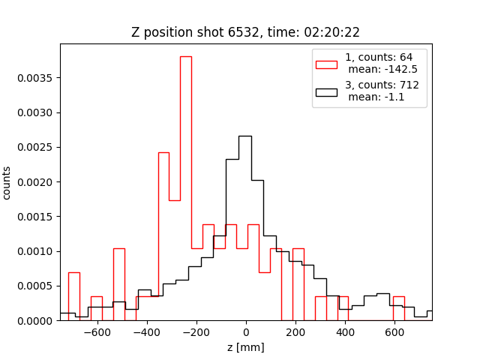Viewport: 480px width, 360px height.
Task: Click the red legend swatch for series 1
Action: [x=326, y=64]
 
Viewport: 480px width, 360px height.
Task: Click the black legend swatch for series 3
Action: [x=326, y=92]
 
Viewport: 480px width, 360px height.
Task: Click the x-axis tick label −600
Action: [x=97, y=332]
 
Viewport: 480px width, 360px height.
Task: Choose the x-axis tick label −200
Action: [x=196, y=332]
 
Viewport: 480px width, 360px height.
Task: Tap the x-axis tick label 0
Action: [x=246, y=332]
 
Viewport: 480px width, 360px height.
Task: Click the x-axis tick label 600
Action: [x=394, y=332]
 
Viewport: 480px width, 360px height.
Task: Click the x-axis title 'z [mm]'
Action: [x=245, y=347]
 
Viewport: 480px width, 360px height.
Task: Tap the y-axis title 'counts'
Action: [x=7, y=182]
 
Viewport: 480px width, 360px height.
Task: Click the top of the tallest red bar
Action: [x=185, y=57]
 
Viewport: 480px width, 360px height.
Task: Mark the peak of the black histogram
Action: [x=244, y=136]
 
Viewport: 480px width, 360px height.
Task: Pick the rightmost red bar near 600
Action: [x=398, y=297]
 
